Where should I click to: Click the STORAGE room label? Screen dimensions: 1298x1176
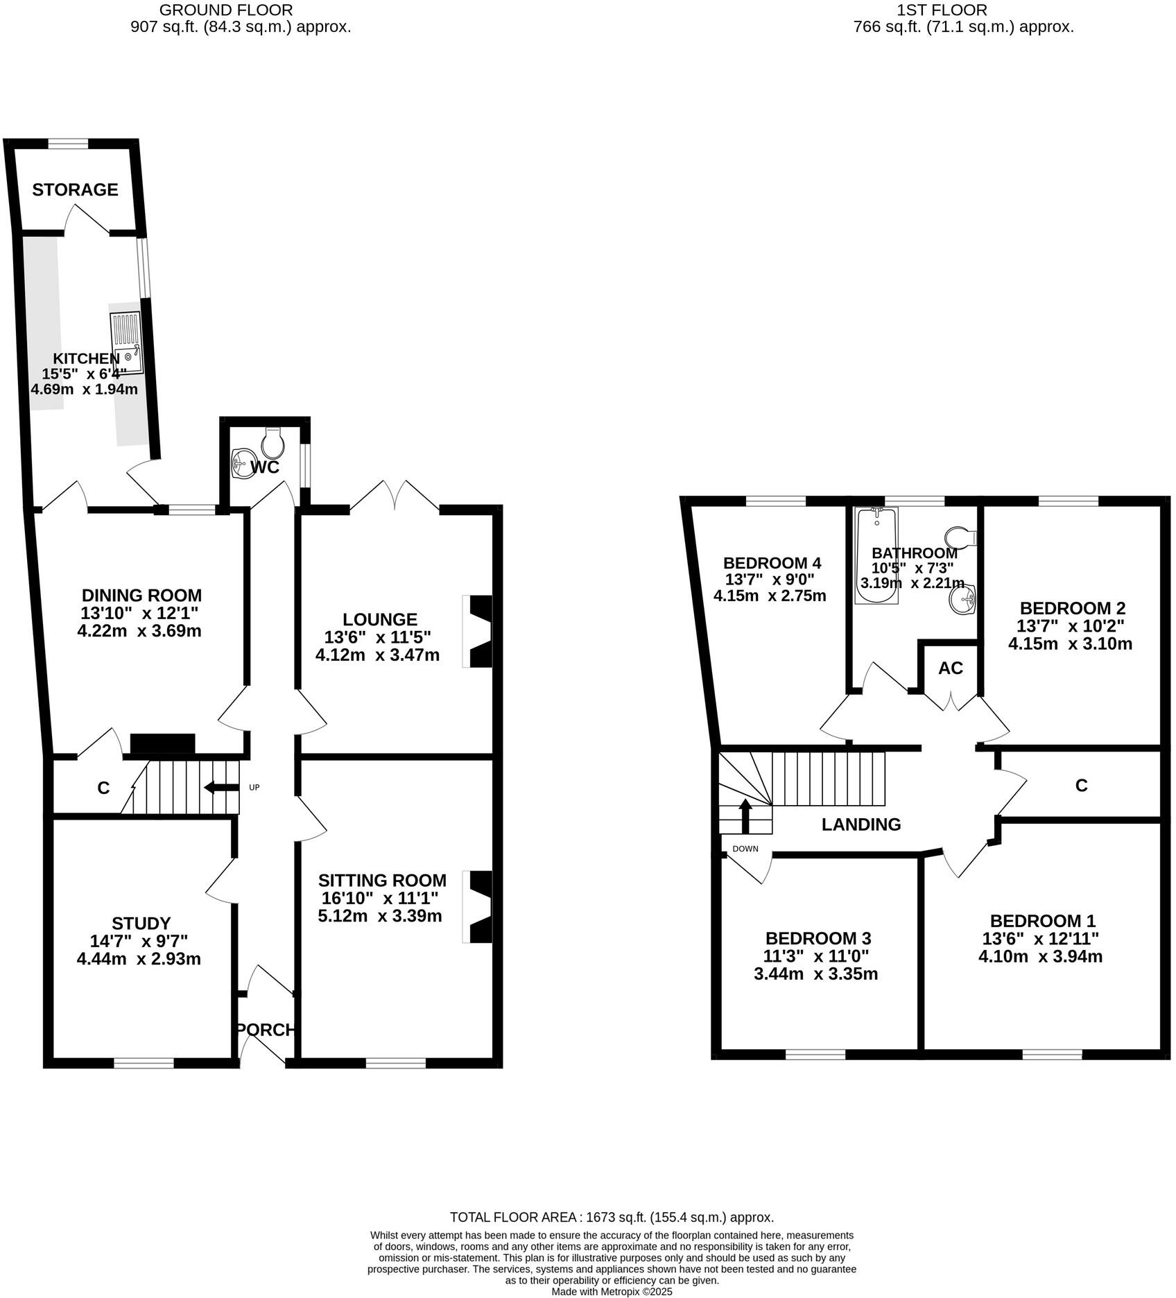tap(75, 189)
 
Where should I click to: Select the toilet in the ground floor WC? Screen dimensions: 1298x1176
tap(272, 440)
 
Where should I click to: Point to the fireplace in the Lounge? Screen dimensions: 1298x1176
tap(479, 632)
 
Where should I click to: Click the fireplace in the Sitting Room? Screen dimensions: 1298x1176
tap(479, 907)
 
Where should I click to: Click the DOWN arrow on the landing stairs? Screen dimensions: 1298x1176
tap(745, 816)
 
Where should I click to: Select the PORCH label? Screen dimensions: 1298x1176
tap(266, 1030)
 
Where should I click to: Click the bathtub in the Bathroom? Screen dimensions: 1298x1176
tap(876, 555)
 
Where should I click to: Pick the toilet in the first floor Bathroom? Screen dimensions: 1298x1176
tap(960, 537)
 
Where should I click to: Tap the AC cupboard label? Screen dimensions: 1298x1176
tap(950, 668)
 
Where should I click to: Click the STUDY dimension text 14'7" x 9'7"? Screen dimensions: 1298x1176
tap(139, 942)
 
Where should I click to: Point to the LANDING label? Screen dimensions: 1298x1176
tap(861, 824)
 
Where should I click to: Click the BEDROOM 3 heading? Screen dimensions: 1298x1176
tap(818, 938)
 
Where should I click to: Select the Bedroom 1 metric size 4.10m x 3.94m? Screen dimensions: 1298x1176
tap(1039, 957)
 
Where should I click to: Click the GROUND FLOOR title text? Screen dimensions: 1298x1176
tap(226, 10)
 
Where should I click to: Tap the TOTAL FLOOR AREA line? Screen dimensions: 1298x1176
tap(612, 1217)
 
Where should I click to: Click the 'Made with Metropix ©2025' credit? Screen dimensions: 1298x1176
tap(612, 1292)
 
